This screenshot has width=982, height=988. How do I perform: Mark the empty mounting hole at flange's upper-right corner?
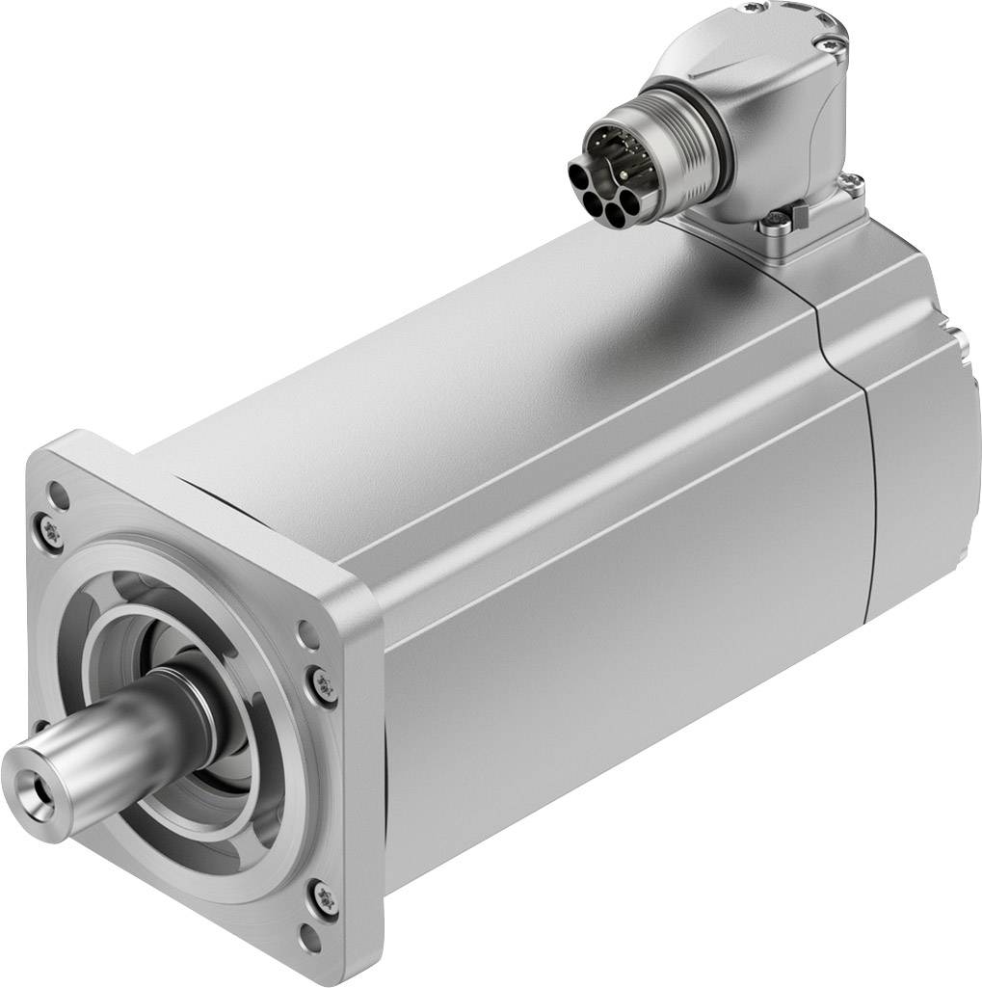click(307, 635)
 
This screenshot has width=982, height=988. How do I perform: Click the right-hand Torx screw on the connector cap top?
click(830, 42)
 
